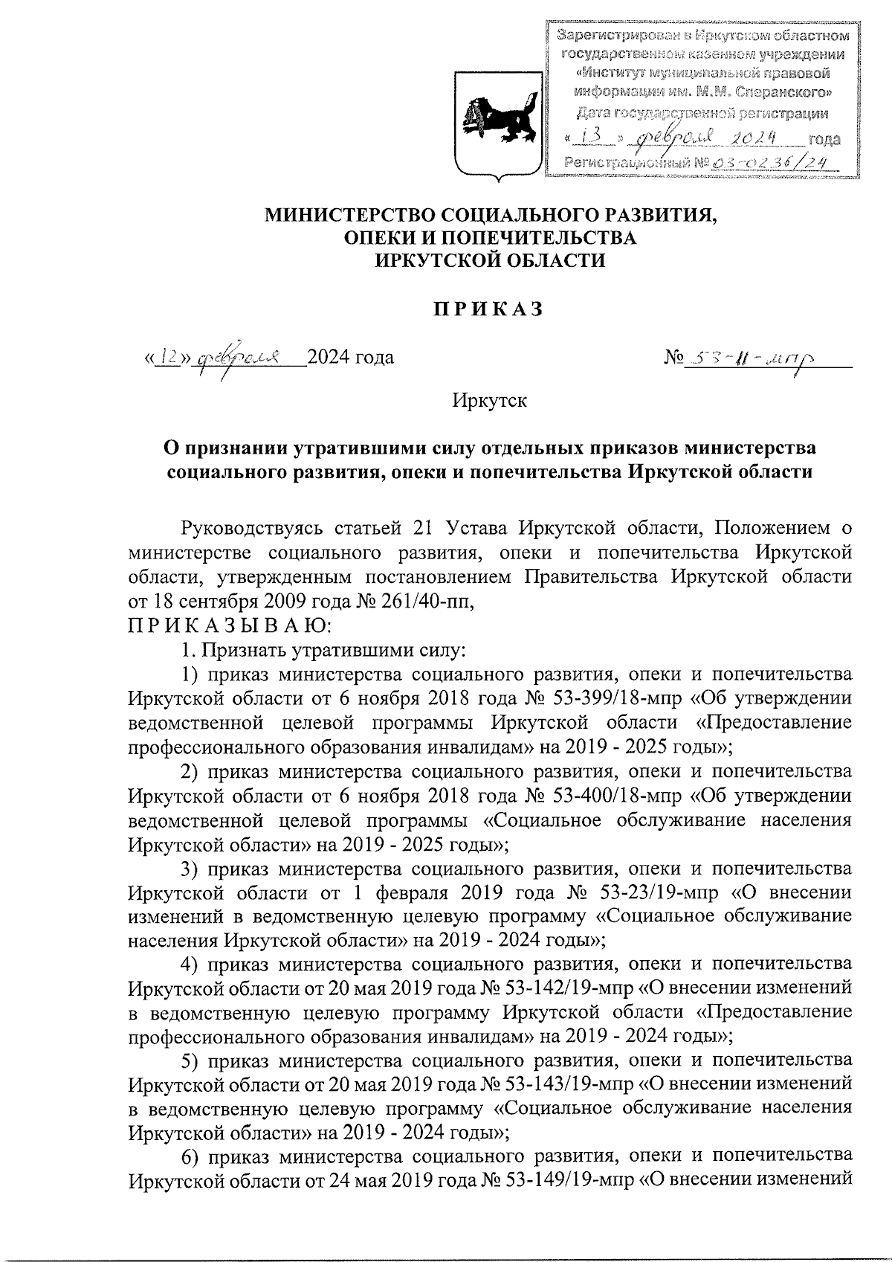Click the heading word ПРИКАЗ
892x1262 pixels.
pyautogui.click(x=488, y=309)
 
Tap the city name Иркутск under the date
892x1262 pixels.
pyautogui.click(x=489, y=402)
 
